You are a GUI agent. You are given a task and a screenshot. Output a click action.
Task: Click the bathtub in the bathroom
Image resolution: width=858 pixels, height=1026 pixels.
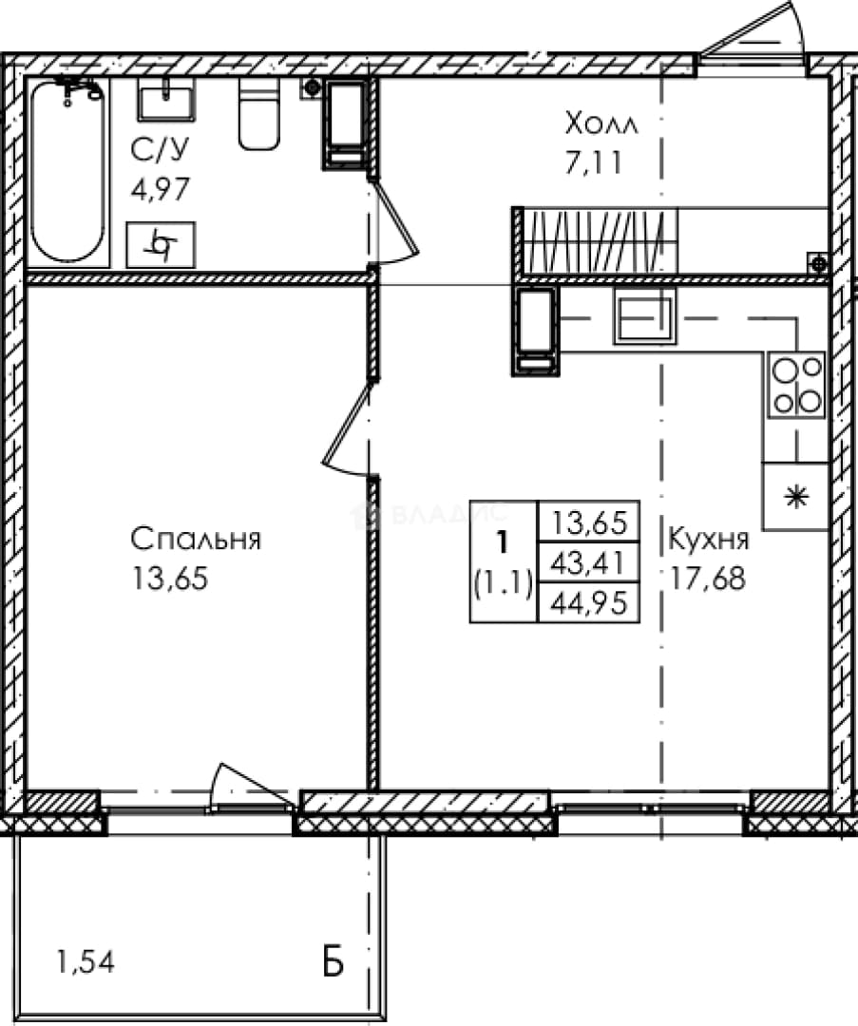[68, 172]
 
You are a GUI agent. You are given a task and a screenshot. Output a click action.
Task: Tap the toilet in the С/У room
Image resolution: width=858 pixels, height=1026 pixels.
[259, 115]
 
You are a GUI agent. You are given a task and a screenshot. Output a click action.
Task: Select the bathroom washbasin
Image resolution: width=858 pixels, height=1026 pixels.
[165, 100]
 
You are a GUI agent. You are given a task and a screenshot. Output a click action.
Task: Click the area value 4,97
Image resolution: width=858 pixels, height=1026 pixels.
[161, 189]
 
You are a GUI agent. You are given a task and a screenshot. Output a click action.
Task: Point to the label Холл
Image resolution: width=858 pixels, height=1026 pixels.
[601, 123]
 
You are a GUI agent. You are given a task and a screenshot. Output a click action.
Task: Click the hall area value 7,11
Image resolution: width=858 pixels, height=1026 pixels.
[593, 162]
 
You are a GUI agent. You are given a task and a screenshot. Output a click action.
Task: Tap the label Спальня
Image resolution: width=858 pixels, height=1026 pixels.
[196, 540]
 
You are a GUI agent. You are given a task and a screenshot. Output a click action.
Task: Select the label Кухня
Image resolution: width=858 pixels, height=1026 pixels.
[708, 540]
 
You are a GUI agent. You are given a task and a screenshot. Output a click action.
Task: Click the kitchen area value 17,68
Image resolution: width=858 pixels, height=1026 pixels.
[708, 579]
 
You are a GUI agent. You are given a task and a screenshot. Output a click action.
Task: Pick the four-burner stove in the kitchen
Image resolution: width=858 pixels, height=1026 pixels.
[797, 385]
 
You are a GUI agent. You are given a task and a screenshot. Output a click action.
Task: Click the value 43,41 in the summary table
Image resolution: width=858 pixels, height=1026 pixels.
[588, 562]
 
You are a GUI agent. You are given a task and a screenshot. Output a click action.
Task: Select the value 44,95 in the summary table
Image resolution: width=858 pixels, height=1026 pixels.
[588, 602]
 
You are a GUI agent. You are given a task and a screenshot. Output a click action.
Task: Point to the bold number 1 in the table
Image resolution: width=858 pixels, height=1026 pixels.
[503, 542]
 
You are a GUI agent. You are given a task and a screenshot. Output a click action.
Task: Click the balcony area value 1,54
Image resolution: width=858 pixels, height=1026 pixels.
[86, 961]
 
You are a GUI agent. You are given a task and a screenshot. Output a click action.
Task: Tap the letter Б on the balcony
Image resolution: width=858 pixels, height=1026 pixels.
[334, 961]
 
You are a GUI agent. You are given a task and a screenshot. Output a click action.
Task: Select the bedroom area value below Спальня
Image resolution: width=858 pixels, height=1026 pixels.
[170, 579]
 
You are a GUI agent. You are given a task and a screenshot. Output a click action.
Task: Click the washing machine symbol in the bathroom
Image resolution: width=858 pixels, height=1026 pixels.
[161, 245]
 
